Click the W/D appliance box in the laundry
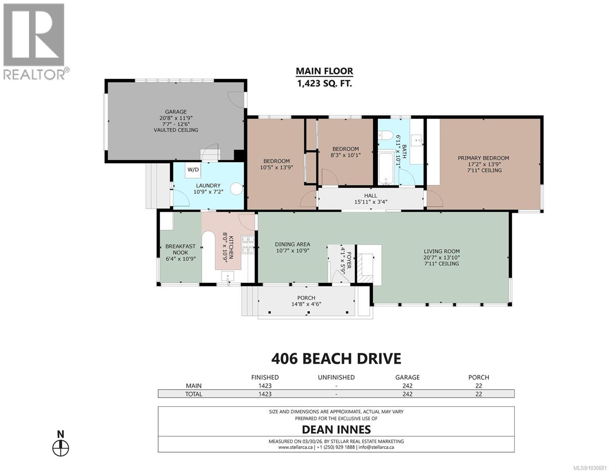pos(193,170)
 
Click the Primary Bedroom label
pos(483,158)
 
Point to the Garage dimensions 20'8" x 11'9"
pos(176,118)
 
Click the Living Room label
pos(442,251)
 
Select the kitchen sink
pos(228,277)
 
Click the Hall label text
pos(371,195)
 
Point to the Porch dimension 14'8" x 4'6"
pos(306,304)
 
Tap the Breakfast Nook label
pos(180,249)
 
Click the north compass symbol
pos(61,447)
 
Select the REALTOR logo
pos(34,41)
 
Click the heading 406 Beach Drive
pos(336,358)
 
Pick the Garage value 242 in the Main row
pos(407,385)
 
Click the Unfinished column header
pos(336,377)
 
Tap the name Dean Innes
pos(336,429)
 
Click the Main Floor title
pos(324,71)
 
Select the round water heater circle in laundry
pos(236,189)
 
